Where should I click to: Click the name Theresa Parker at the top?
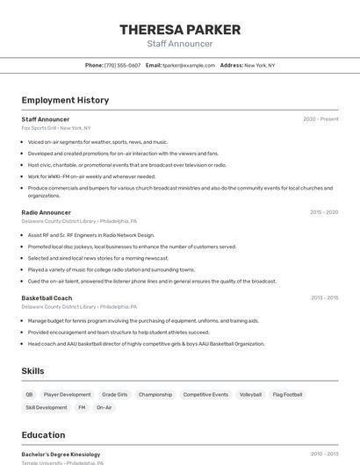[x=180, y=30]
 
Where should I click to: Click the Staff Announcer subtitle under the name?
[x=180, y=44]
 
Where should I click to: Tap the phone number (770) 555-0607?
[x=122, y=65]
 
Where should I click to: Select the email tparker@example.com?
[x=189, y=65]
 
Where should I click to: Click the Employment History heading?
[x=65, y=100]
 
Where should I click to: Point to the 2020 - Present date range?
[x=320, y=119]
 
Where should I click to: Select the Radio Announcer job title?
[x=46, y=212]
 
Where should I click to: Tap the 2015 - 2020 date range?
[x=323, y=212]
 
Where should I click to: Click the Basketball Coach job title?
[x=47, y=298]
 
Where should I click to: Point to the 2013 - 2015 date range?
[x=324, y=298]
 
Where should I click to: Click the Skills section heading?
[x=33, y=371]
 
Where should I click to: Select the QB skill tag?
[x=29, y=395]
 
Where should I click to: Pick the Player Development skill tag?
[x=68, y=395]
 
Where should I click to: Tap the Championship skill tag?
[x=155, y=395]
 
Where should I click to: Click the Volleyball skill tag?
[x=250, y=395]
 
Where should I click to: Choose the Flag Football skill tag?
[x=287, y=395]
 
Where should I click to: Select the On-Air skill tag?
[x=104, y=407]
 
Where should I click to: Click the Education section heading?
[x=43, y=435]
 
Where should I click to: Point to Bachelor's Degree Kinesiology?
[x=61, y=454]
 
